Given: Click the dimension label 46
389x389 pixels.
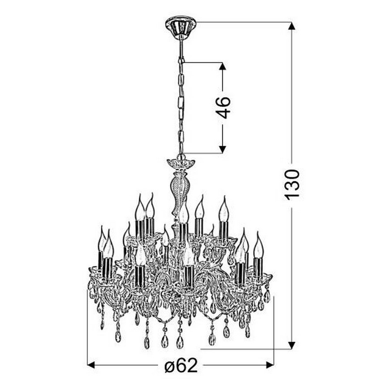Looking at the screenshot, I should [223, 108].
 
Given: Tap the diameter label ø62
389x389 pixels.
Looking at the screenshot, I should [181, 366].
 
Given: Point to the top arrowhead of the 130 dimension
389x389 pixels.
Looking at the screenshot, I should [292, 26].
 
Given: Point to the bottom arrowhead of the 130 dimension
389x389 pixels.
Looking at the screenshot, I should [292, 345].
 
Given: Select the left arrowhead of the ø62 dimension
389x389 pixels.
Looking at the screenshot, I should [91, 365].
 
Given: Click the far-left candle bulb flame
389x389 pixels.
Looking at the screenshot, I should [102, 240].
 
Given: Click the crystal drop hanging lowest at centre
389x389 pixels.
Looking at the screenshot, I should [180, 342].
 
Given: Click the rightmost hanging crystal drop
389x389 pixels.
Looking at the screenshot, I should [267, 296].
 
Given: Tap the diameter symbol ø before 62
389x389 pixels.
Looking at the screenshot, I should [169, 366].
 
